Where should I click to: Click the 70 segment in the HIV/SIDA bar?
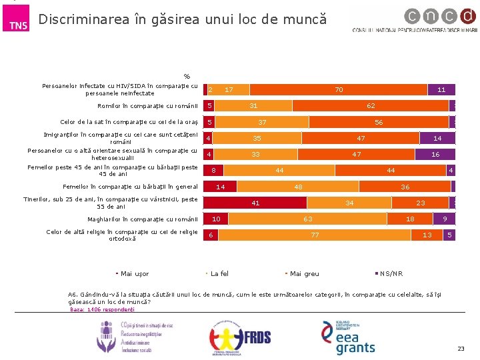(x=339, y=89)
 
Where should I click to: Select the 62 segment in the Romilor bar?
(x=371, y=105)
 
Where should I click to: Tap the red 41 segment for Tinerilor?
(x=255, y=203)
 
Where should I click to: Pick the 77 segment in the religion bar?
(x=315, y=235)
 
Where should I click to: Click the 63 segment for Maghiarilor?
(x=308, y=219)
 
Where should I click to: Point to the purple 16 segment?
(x=435, y=154)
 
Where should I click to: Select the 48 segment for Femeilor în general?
(x=299, y=187)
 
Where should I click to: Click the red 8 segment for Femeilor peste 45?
(x=213, y=171)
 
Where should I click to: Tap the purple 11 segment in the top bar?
(x=441, y=89)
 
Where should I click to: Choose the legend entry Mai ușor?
(x=134, y=274)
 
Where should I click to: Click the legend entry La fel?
(x=219, y=274)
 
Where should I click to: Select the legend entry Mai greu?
(x=304, y=274)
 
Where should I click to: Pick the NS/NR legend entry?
(x=391, y=274)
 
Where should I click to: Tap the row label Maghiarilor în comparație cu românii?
(x=143, y=219)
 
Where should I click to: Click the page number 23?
(x=461, y=349)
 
